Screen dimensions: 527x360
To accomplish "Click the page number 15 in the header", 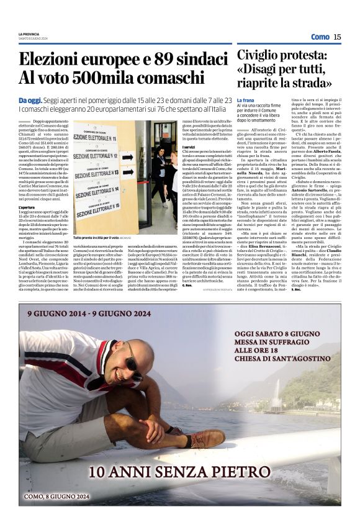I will pyautogui.click(x=337, y=37).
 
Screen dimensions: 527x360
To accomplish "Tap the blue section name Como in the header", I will pyautogui.click(x=320, y=37).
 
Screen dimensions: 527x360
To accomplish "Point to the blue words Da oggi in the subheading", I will pyautogui.click(x=30, y=101).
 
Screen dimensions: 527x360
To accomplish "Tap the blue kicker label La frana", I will pyautogui.click(x=246, y=99).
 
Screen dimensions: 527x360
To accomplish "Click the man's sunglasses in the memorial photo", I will pyautogui.click(x=133, y=366).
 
